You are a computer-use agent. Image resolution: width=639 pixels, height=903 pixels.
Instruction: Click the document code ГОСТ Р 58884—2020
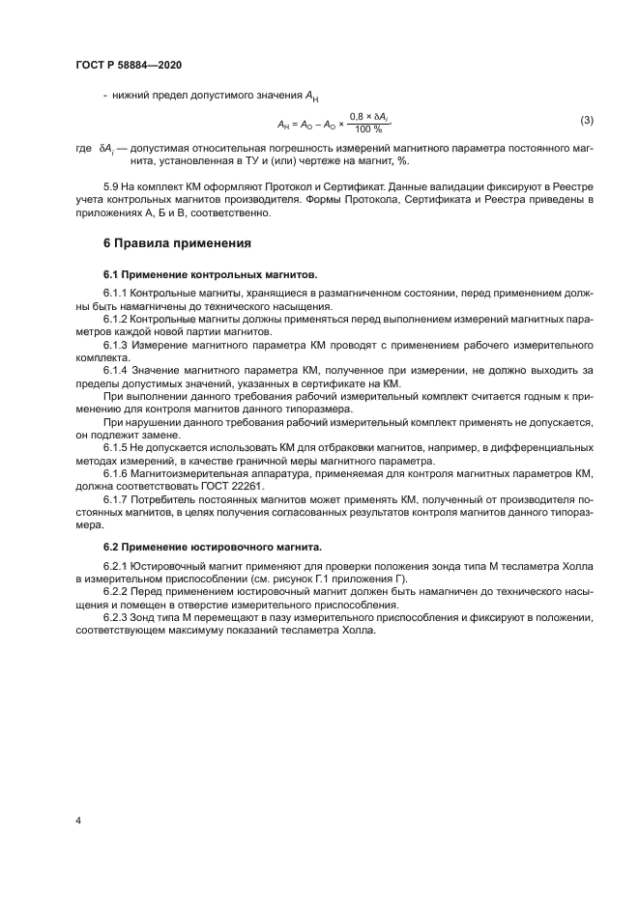tap(128, 65)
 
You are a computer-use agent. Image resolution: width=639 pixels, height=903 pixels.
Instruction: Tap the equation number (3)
tap(586, 120)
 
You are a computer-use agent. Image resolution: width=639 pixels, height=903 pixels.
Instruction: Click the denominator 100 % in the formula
tap(368, 129)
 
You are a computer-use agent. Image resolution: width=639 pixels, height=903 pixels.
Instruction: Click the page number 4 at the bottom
tap(77, 820)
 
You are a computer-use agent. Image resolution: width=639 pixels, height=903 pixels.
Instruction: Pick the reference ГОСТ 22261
tap(231, 489)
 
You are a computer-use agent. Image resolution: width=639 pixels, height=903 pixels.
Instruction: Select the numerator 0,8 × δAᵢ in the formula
tap(369, 115)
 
